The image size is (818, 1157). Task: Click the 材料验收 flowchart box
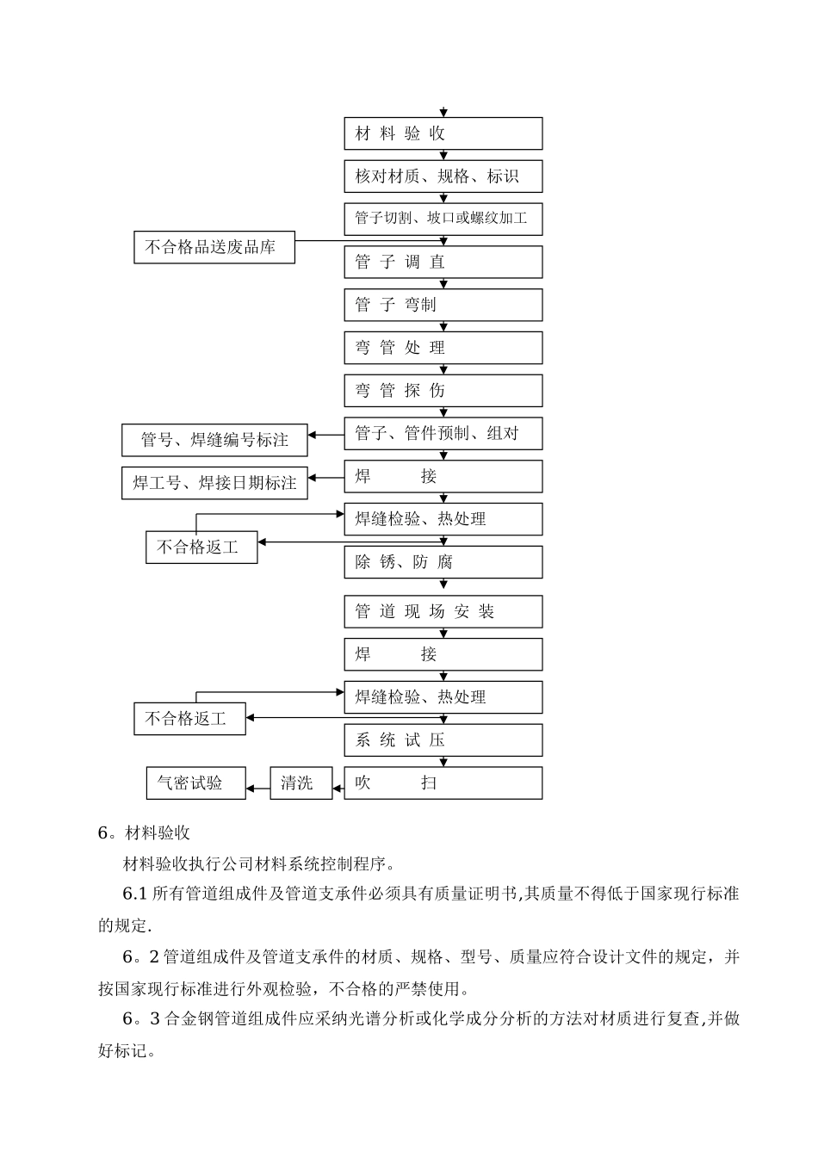pyautogui.click(x=443, y=133)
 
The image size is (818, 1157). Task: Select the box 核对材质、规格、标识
pyautogui.click(x=443, y=176)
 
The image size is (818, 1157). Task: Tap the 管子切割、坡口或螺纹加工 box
pyautogui.click(x=443, y=219)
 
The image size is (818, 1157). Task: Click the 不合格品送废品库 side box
pyautogui.click(x=214, y=247)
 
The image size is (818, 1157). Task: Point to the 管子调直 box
pyautogui.click(x=443, y=262)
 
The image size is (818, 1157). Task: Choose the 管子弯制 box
pyautogui.click(x=443, y=305)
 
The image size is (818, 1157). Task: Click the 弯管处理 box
pyautogui.click(x=443, y=348)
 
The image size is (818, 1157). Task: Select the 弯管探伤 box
pyautogui.click(x=443, y=391)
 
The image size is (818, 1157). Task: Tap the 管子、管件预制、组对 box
pyautogui.click(x=443, y=434)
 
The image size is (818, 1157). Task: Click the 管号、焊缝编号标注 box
pyautogui.click(x=214, y=440)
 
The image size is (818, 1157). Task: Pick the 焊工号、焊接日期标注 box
pyautogui.click(x=214, y=483)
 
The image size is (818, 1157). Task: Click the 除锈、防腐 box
pyautogui.click(x=443, y=562)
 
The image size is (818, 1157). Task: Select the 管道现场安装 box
pyautogui.click(x=443, y=612)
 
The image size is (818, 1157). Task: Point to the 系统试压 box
pyautogui.click(x=443, y=740)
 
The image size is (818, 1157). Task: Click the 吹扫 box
pyautogui.click(x=443, y=783)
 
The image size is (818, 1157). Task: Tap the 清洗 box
pyautogui.click(x=301, y=783)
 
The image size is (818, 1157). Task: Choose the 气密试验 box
pyautogui.click(x=195, y=783)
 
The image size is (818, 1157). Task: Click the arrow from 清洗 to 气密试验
pyautogui.click(x=258, y=787)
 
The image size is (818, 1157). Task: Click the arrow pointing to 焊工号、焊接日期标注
pyautogui.click(x=326, y=477)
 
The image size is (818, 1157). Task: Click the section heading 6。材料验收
pyautogui.click(x=144, y=832)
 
